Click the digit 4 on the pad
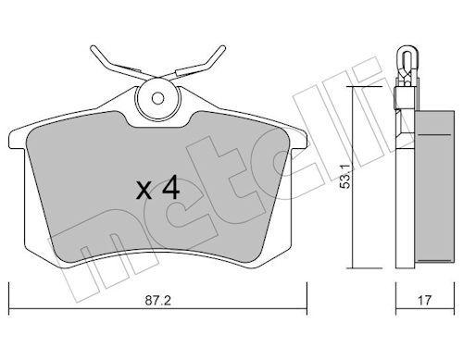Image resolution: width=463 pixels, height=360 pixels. [x=169, y=189]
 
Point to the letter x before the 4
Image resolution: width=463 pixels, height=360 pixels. [x=144, y=192]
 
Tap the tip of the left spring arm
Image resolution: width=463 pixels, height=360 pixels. [x=93, y=48]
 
